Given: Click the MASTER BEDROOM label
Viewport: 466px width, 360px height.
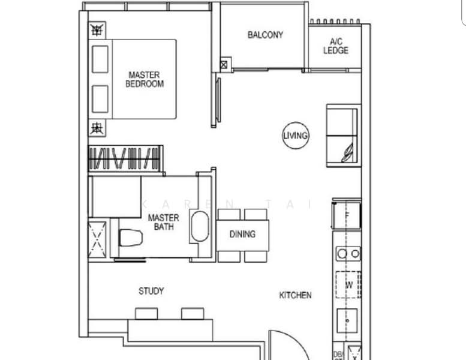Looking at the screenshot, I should (144, 79).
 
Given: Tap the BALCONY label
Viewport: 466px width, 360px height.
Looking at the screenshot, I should (265, 35).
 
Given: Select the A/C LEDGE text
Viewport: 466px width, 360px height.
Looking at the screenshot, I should (336, 46).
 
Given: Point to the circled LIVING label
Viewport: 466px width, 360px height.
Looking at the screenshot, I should (296, 136).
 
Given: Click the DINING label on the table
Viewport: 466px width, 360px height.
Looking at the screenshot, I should (242, 235).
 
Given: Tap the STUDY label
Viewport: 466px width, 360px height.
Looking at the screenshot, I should (151, 291).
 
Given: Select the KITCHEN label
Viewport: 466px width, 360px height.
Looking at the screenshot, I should (295, 295).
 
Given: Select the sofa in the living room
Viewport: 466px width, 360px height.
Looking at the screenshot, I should (343, 135).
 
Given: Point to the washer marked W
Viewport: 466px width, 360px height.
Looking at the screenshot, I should (348, 285).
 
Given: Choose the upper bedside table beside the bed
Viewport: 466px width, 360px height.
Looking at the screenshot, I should (96, 30).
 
